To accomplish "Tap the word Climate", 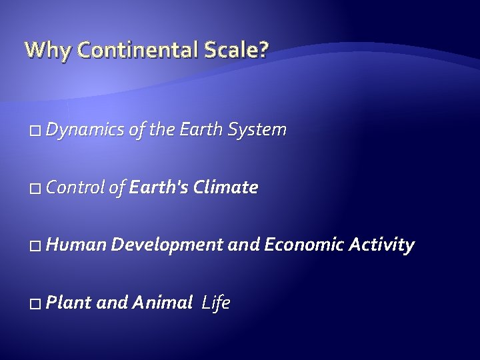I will click(x=225, y=189).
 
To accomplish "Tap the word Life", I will click(x=216, y=304).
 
